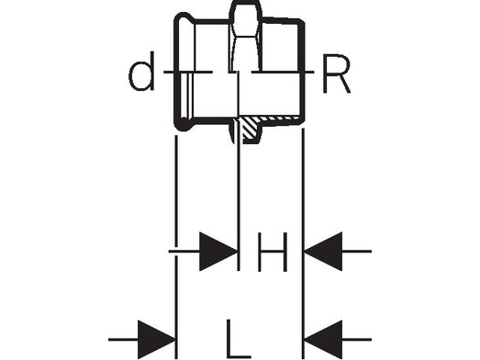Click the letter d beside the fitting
click(x=141, y=77)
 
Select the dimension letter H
click(x=271, y=251)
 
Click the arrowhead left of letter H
click(x=218, y=251)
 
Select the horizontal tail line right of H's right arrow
click(x=358, y=251)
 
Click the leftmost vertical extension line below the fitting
click(x=174, y=230)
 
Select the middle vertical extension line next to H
click(x=239, y=211)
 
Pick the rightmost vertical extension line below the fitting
click(x=304, y=230)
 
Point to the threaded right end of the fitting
click(x=285, y=73)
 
